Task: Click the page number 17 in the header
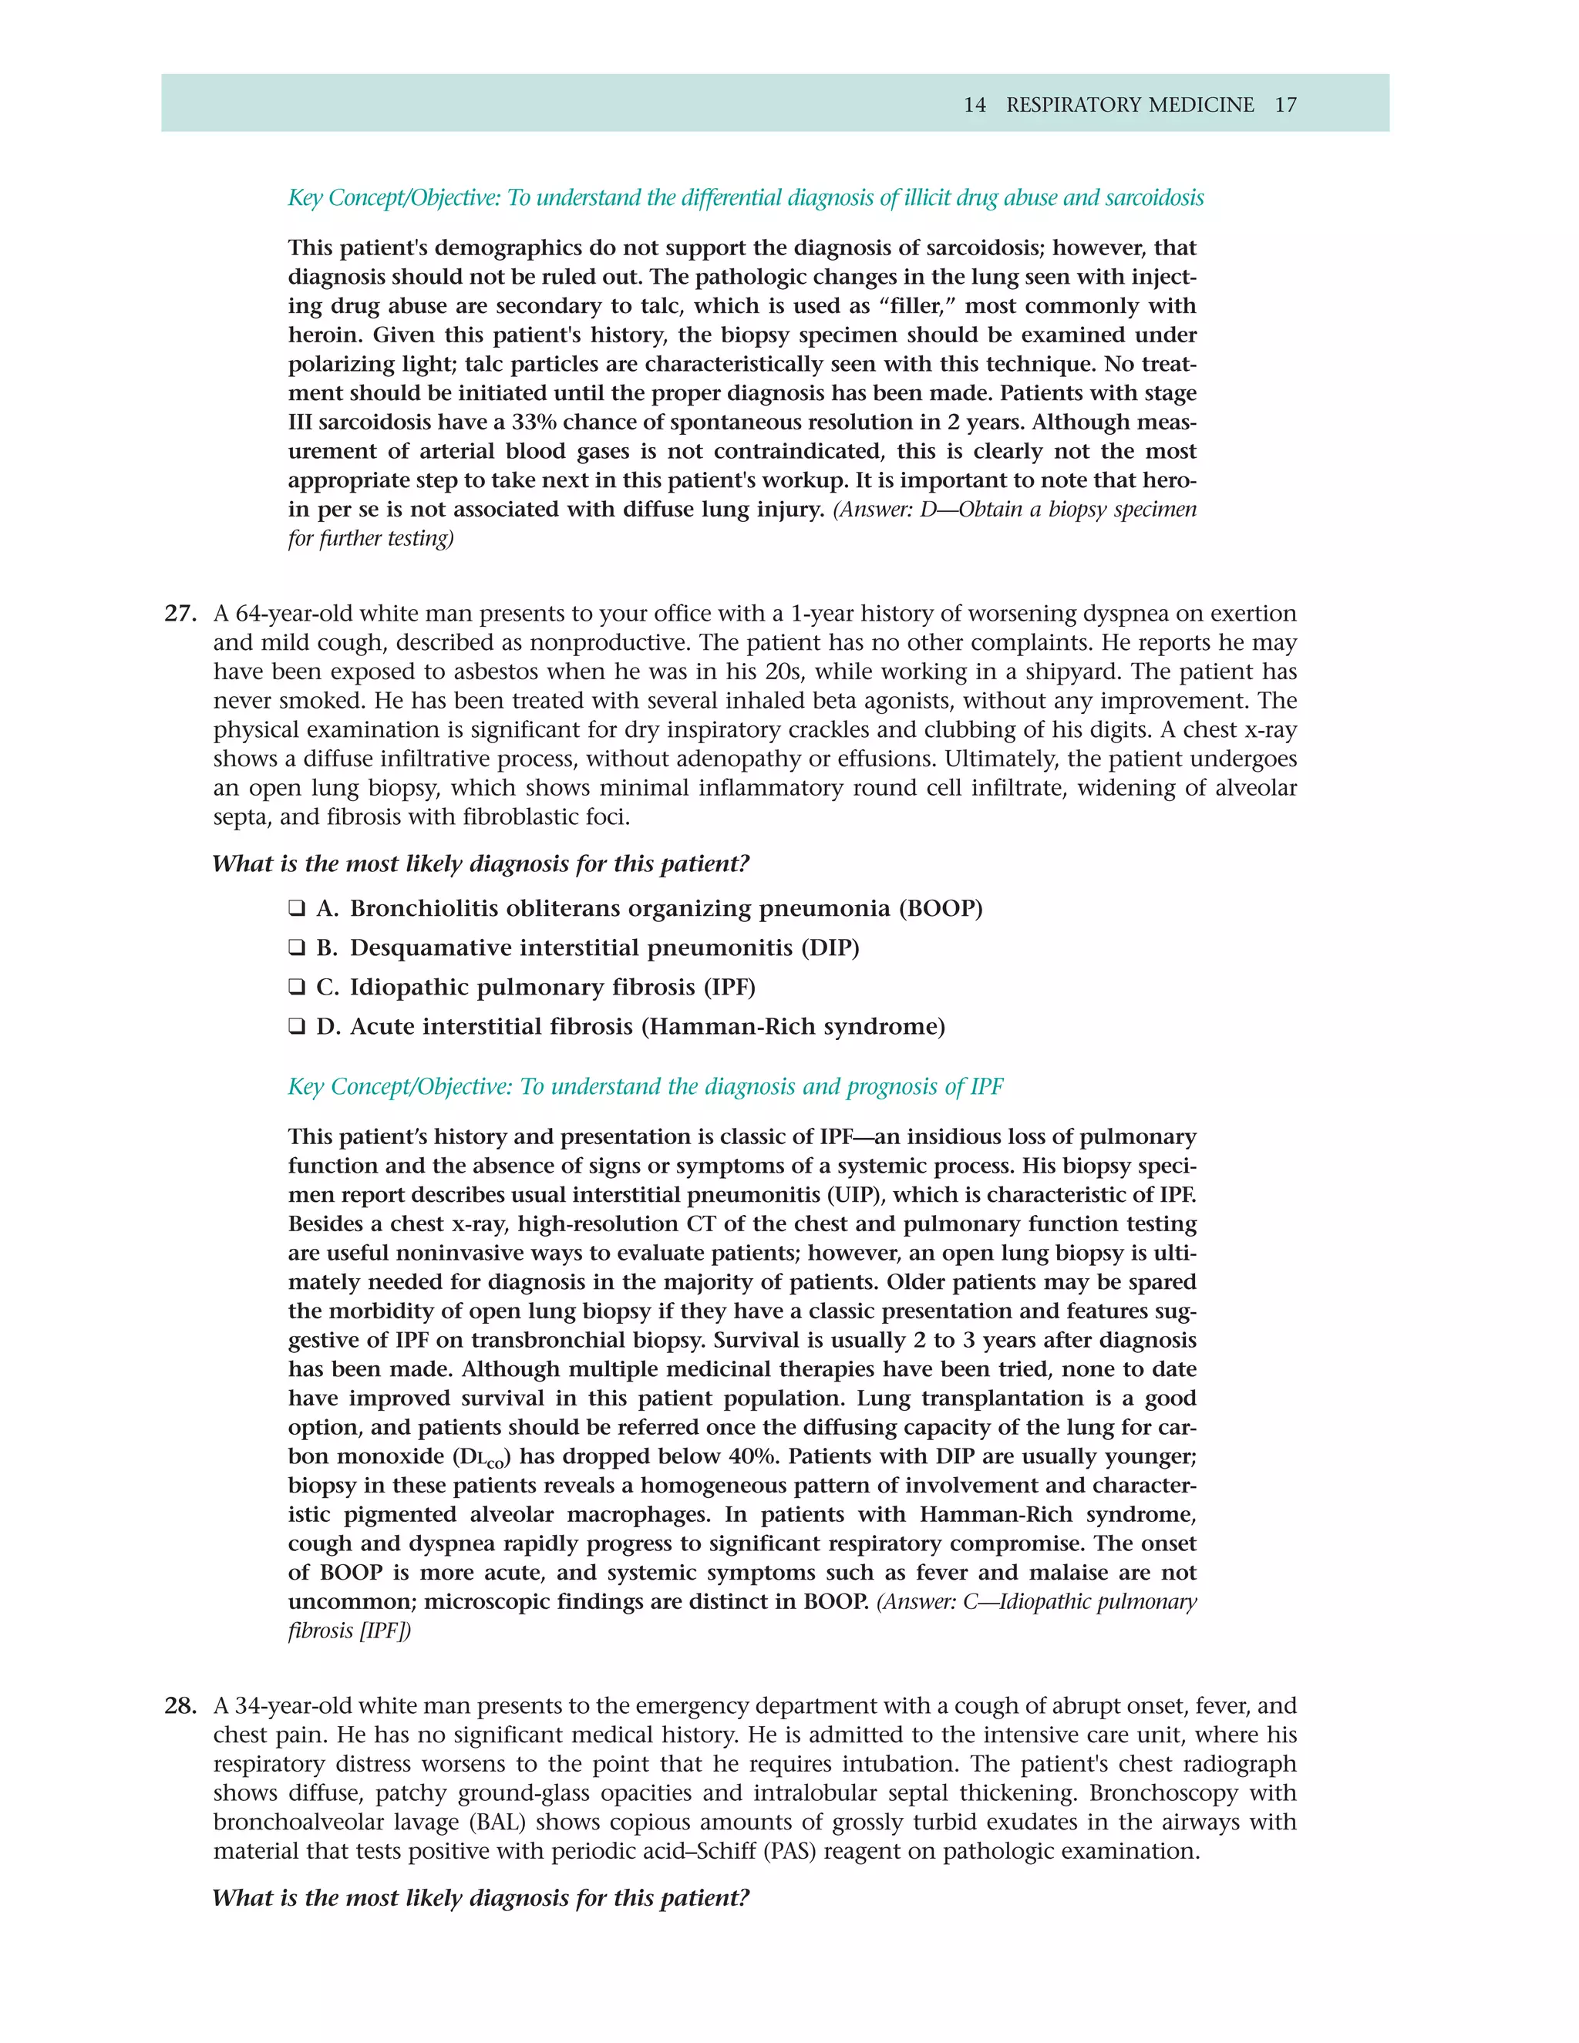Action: pyautogui.click(x=1285, y=105)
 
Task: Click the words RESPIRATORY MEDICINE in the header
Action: pyautogui.click(x=1130, y=105)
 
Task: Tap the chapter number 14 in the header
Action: pyautogui.click(x=975, y=105)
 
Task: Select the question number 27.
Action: pyautogui.click(x=180, y=614)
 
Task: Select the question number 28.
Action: pyautogui.click(x=180, y=1705)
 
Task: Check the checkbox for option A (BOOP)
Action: pyautogui.click(x=297, y=908)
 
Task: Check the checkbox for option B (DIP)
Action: pyautogui.click(x=297, y=947)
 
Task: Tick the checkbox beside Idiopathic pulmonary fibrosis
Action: pyautogui.click(x=297, y=987)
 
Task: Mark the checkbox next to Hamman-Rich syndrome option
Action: pyautogui.click(x=297, y=1026)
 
